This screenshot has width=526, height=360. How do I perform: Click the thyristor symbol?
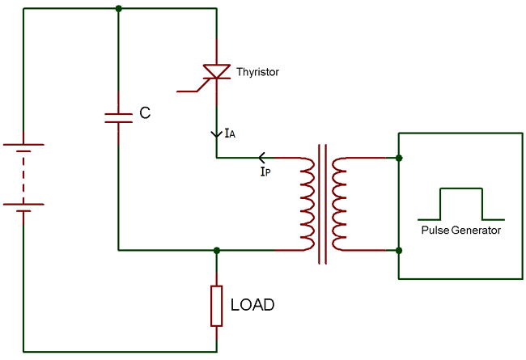click(216, 72)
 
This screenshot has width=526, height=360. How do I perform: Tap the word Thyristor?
click(257, 72)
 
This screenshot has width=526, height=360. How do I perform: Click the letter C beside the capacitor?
click(145, 113)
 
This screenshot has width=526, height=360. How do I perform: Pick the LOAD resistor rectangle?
click(216, 305)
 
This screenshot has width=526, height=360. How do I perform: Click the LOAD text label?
click(252, 305)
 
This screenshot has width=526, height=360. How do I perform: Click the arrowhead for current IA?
click(216, 133)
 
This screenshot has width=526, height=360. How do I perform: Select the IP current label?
click(265, 172)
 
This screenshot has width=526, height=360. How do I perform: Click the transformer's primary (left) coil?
click(307, 204)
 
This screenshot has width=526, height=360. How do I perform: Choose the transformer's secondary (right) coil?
click(339, 204)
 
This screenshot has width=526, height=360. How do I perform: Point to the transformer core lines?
click(323, 204)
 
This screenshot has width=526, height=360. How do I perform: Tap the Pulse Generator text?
click(460, 231)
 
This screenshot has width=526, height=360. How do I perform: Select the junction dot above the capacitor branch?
click(119, 9)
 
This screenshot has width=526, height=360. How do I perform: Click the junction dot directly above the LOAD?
click(216, 250)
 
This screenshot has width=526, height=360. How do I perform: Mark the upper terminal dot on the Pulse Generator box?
click(399, 158)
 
